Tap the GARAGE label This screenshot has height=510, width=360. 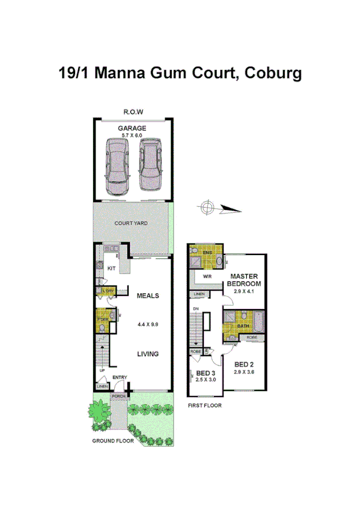point(132,129)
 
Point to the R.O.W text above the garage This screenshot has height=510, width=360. point(133,112)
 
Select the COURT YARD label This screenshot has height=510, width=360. point(132,223)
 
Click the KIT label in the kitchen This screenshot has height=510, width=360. point(111,268)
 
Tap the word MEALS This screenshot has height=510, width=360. point(147,296)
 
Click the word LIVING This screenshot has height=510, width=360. point(147,354)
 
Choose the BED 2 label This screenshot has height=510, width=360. point(243,365)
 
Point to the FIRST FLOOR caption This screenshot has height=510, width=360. point(205,406)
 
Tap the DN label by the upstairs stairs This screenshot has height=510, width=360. point(195,309)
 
